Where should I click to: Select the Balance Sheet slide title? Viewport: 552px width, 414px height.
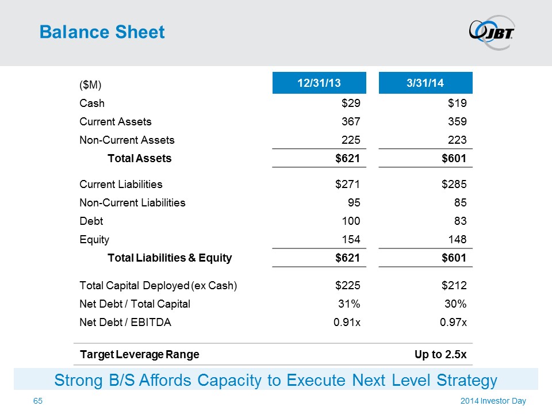(x=102, y=32)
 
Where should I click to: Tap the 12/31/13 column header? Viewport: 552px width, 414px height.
(x=319, y=83)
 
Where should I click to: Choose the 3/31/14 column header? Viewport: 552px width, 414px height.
(x=425, y=83)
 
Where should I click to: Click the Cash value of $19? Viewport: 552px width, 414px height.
(x=458, y=103)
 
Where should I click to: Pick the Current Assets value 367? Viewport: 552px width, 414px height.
(x=351, y=122)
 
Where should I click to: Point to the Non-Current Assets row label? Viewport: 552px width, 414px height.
(x=126, y=140)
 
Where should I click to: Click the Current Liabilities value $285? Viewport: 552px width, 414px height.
(x=454, y=185)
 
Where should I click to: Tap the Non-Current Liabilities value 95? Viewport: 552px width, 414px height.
(x=354, y=202)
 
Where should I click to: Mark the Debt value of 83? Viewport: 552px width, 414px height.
(x=460, y=220)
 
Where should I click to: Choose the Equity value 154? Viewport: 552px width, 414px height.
(x=351, y=239)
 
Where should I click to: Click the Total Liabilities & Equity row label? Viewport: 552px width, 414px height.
(x=170, y=258)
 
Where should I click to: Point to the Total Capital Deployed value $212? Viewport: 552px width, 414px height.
(x=454, y=285)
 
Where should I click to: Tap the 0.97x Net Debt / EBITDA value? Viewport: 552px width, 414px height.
(x=453, y=323)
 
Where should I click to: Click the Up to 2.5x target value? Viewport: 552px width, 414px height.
(x=440, y=354)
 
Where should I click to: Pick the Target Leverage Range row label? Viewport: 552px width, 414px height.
(x=139, y=354)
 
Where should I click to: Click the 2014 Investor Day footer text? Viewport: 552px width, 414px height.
(x=493, y=401)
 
